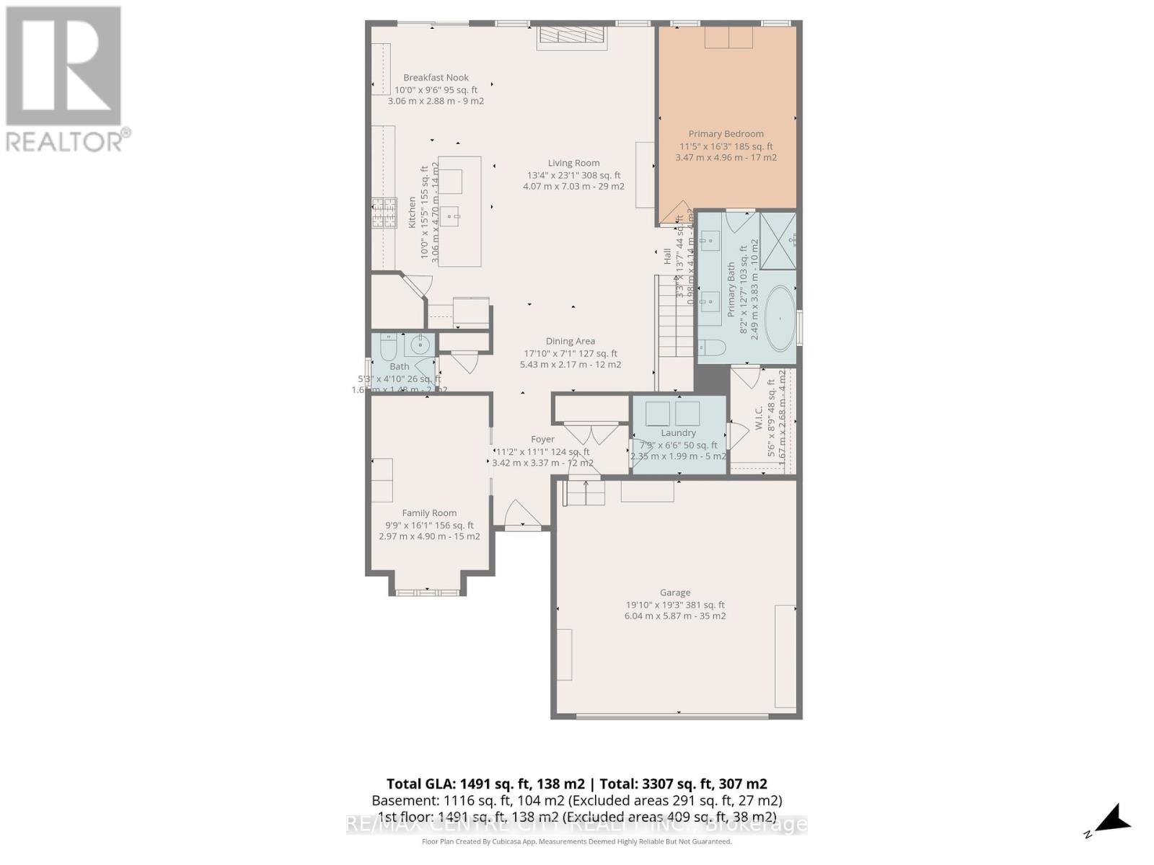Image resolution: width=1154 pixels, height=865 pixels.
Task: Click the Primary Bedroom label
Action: (726, 134)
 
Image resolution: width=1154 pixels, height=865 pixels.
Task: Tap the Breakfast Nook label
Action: (436, 78)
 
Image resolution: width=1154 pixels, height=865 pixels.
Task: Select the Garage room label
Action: (675, 593)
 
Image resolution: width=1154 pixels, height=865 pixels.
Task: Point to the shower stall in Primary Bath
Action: (778, 240)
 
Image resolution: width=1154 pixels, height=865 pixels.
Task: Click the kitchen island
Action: (459, 211)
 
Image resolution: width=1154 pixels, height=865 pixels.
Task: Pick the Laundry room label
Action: (678, 433)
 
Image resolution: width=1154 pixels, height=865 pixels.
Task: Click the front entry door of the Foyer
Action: (522, 517)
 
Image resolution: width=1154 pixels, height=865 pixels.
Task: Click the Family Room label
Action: (429, 513)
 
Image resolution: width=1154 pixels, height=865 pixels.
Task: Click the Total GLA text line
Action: (576, 784)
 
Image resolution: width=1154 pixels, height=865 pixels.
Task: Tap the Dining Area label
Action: (570, 342)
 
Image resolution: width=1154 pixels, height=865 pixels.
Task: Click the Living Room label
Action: (573, 163)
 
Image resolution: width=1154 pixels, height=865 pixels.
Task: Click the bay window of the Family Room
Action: (427, 593)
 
